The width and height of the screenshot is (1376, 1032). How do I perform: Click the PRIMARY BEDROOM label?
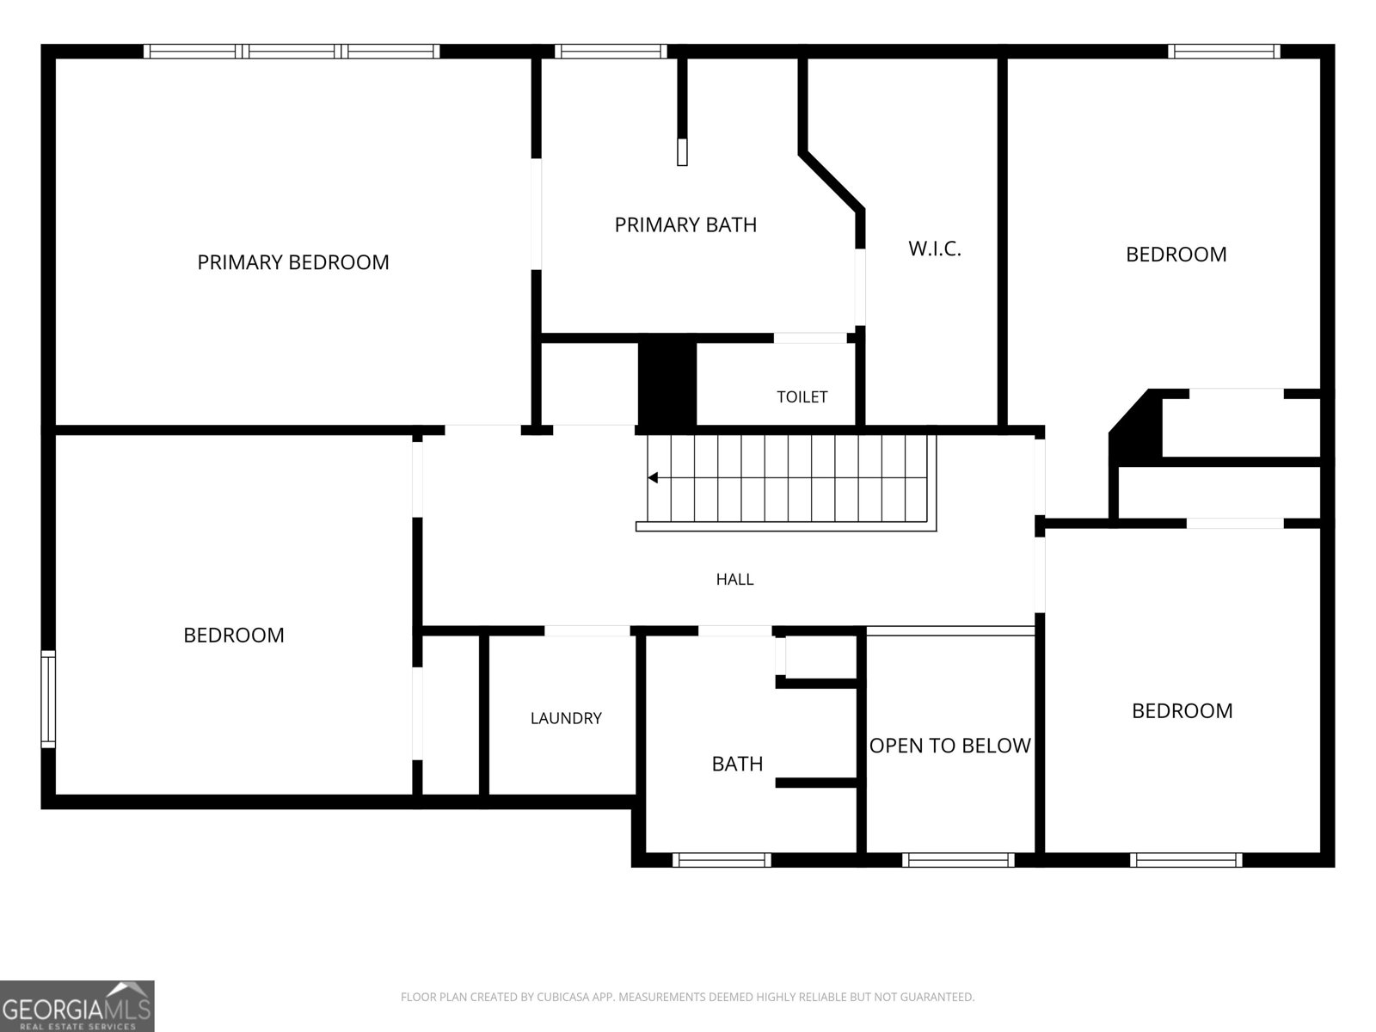point(292,262)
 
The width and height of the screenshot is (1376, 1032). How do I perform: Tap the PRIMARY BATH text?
point(685,224)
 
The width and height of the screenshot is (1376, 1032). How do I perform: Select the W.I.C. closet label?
point(934,249)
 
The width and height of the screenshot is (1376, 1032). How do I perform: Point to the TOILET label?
point(802,396)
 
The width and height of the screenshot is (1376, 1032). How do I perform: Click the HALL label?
point(734,579)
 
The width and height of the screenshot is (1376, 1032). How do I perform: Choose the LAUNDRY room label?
point(566,718)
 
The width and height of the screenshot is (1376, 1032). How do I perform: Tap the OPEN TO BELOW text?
point(949,745)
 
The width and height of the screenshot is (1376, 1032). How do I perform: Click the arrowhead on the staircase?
point(653,477)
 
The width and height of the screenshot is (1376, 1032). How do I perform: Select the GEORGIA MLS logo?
point(77,1006)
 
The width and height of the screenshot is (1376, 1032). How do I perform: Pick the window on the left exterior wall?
point(48,699)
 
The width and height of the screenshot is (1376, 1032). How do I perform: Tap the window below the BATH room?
point(722,860)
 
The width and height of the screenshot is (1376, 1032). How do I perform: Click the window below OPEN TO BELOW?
point(958,860)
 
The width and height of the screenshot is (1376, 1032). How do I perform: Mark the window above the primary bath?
point(611,52)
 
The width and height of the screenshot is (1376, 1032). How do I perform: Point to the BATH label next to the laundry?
point(737,763)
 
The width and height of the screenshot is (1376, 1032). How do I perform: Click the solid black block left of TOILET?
point(667,384)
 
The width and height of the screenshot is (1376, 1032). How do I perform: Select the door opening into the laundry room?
point(587,631)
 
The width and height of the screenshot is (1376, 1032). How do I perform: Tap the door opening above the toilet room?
point(810,338)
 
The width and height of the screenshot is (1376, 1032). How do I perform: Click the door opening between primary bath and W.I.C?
point(860,287)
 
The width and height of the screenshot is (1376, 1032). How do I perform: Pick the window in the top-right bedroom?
point(1224,52)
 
